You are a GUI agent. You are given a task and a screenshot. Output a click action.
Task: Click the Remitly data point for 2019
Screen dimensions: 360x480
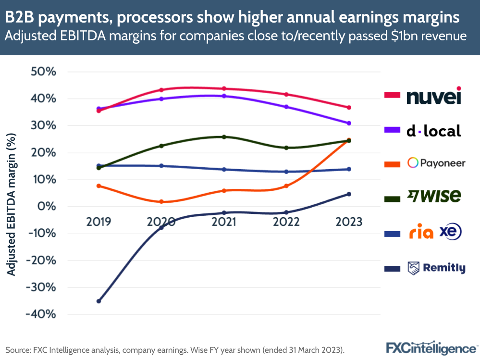98,301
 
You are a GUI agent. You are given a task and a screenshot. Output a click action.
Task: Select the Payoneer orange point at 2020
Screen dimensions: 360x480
161,202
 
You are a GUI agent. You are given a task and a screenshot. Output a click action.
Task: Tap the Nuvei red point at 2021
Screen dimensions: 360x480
224,88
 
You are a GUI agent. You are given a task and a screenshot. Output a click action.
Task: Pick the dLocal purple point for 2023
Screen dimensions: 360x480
349,123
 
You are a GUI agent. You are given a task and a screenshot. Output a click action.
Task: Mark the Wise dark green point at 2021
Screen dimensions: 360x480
224,137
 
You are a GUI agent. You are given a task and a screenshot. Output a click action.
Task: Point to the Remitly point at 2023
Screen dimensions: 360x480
349,194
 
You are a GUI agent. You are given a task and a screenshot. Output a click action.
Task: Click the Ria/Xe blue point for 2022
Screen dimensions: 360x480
286,172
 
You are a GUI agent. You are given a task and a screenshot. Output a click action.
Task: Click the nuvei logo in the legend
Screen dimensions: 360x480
434,96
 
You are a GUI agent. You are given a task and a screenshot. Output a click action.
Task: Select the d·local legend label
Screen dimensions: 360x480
433,131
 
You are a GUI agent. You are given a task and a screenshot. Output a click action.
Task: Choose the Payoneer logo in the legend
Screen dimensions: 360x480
436,163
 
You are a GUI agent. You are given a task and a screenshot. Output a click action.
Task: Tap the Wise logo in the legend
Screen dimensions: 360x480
434,196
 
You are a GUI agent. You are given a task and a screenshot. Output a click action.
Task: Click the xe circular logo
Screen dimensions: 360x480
451,232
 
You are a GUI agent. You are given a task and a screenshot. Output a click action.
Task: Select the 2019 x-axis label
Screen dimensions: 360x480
98,222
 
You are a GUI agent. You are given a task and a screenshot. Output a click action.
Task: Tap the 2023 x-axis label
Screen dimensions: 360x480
349,222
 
